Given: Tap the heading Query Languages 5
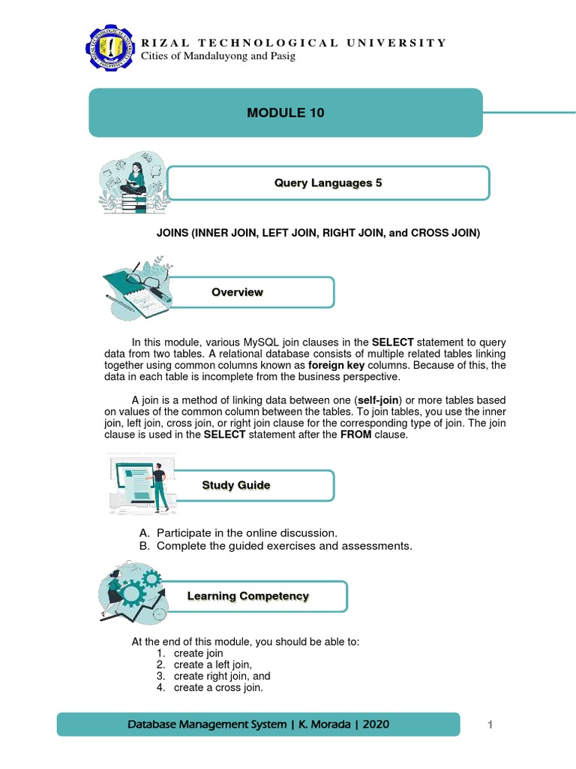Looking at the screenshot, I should [328, 183].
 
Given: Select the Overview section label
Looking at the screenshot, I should [237, 292].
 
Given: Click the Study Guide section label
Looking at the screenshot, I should [235, 485].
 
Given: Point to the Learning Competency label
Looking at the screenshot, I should [247, 596].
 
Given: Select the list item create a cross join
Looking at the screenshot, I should [218, 687].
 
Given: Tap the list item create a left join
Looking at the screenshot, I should [212, 665].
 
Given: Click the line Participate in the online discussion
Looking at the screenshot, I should [241, 532].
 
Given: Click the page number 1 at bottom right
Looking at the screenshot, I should [489, 724].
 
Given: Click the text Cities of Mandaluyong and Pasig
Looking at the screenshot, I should [218, 57].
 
